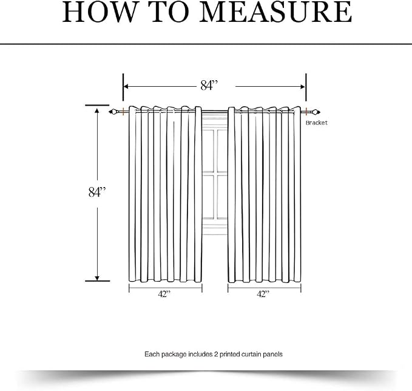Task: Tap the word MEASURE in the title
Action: pos(275,12)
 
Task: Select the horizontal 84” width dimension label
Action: pos(209,85)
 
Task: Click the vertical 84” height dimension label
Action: pos(97,192)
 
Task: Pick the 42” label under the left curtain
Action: pos(164,294)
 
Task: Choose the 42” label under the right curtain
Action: pos(263,294)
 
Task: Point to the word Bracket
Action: pos(317,123)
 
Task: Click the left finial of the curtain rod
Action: pos(113,112)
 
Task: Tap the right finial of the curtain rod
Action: pos(316,112)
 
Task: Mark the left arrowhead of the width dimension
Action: pos(126,86)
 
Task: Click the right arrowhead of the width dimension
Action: pos(303,86)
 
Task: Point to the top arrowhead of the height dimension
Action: pos(97,110)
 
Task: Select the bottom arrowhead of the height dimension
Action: pos(97,278)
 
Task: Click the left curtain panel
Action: pos(165,194)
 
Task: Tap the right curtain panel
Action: pos(265,194)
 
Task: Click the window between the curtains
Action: pos(215,174)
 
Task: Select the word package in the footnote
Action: pos(174,354)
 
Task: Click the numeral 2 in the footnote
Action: pos(216,354)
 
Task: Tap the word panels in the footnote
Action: pos(273,354)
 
